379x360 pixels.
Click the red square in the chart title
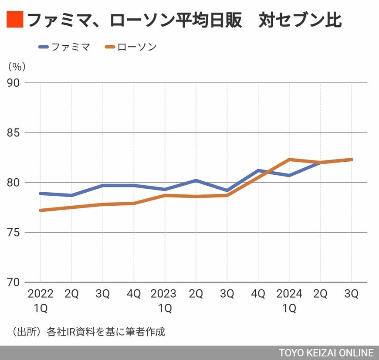(x=15, y=20)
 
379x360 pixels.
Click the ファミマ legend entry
(x=64, y=47)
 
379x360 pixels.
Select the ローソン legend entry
(x=131, y=47)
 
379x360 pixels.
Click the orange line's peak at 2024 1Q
(x=289, y=160)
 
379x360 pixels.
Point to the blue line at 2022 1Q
(x=41, y=193)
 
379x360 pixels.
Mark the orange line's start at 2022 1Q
(x=41, y=210)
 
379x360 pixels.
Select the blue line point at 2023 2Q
(x=196, y=180)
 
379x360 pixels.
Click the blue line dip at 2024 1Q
(x=289, y=175)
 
